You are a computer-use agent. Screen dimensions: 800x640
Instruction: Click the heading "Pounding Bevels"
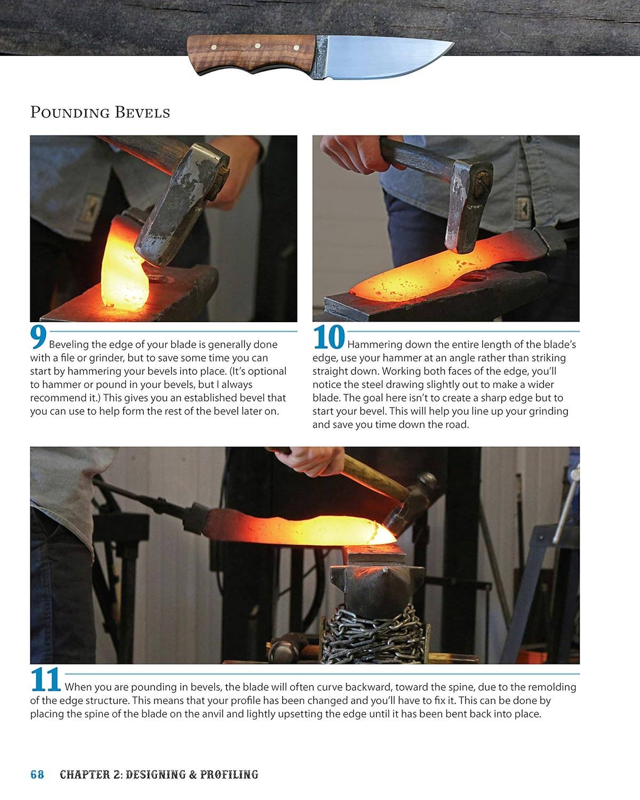pyautogui.click(x=100, y=113)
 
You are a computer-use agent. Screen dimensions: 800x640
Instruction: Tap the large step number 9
pyautogui.click(x=38, y=338)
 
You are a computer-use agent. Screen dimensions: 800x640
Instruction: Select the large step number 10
pyautogui.click(x=329, y=338)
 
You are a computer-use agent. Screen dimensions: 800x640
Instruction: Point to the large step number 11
pyautogui.click(x=46, y=681)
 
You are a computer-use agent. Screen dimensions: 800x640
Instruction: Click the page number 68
pyautogui.click(x=37, y=774)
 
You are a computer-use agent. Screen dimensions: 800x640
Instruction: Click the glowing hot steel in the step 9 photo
pyautogui.click(x=124, y=272)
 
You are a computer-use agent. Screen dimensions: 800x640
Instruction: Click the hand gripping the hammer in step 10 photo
pyautogui.click(x=349, y=152)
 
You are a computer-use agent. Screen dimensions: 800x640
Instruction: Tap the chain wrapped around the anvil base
pyautogui.click(x=373, y=635)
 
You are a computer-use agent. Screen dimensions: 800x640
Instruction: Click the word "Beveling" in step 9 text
pyautogui.click(x=69, y=345)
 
